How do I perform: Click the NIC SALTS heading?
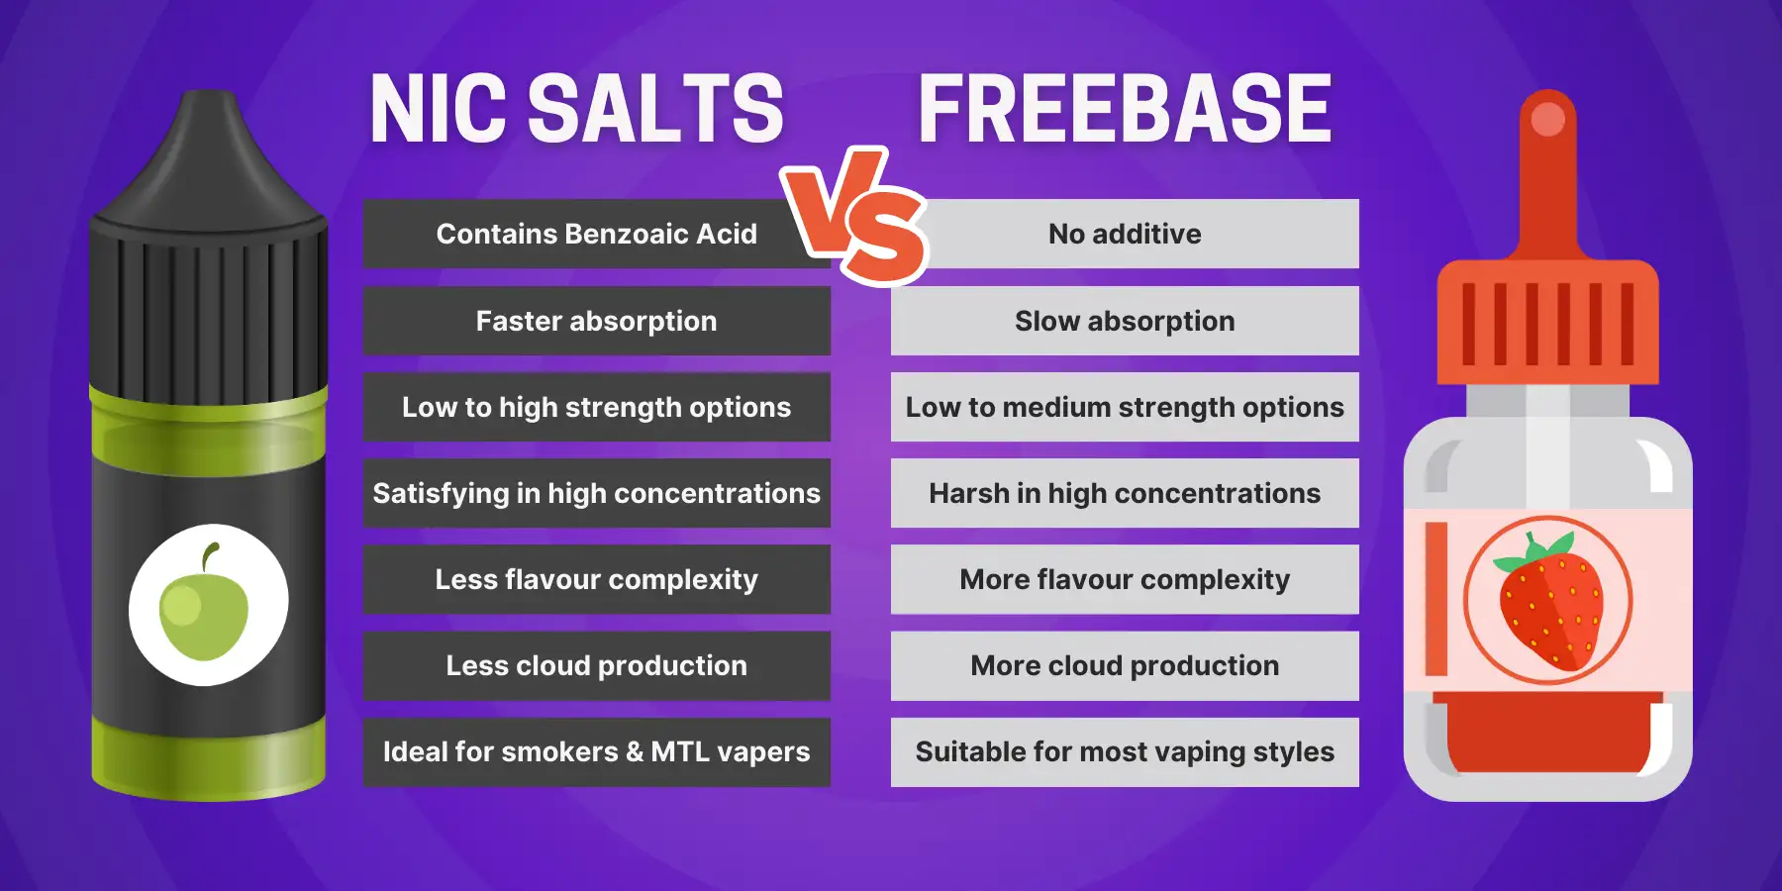click(x=576, y=109)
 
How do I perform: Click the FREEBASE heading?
click(x=1125, y=109)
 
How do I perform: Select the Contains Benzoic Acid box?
click(x=596, y=234)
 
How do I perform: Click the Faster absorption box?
click(x=596, y=321)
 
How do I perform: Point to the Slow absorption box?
click(x=1125, y=321)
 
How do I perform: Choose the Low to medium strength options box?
click(x=1125, y=407)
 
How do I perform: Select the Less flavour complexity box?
click(x=596, y=579)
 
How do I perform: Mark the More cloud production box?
click(x=1125, y=665)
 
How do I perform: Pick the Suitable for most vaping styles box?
click(x=1125, y=751)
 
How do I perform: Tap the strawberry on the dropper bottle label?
click(x=1548, y=602)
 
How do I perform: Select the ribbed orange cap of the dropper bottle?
click(x=1547, y=322)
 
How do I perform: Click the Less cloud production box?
click(x=596, y=665)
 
